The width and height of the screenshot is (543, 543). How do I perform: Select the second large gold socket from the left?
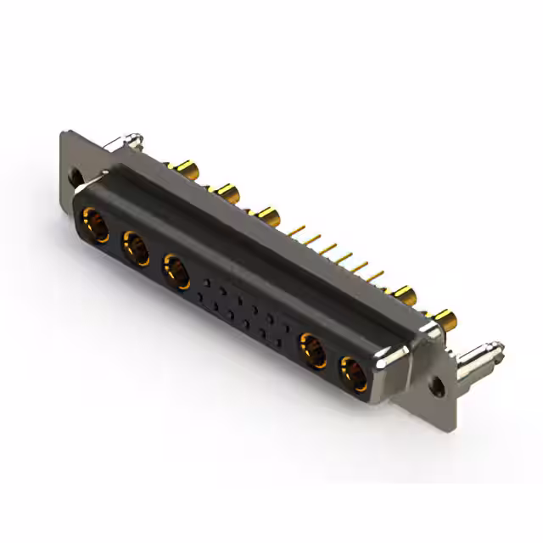point(135,249)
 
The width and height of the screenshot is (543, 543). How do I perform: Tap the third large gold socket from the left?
point(176,272)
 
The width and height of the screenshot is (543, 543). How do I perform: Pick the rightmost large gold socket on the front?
point(353,372)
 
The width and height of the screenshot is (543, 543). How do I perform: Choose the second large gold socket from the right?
point(312,350)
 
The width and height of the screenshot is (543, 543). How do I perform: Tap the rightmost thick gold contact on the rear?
point(446,320)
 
